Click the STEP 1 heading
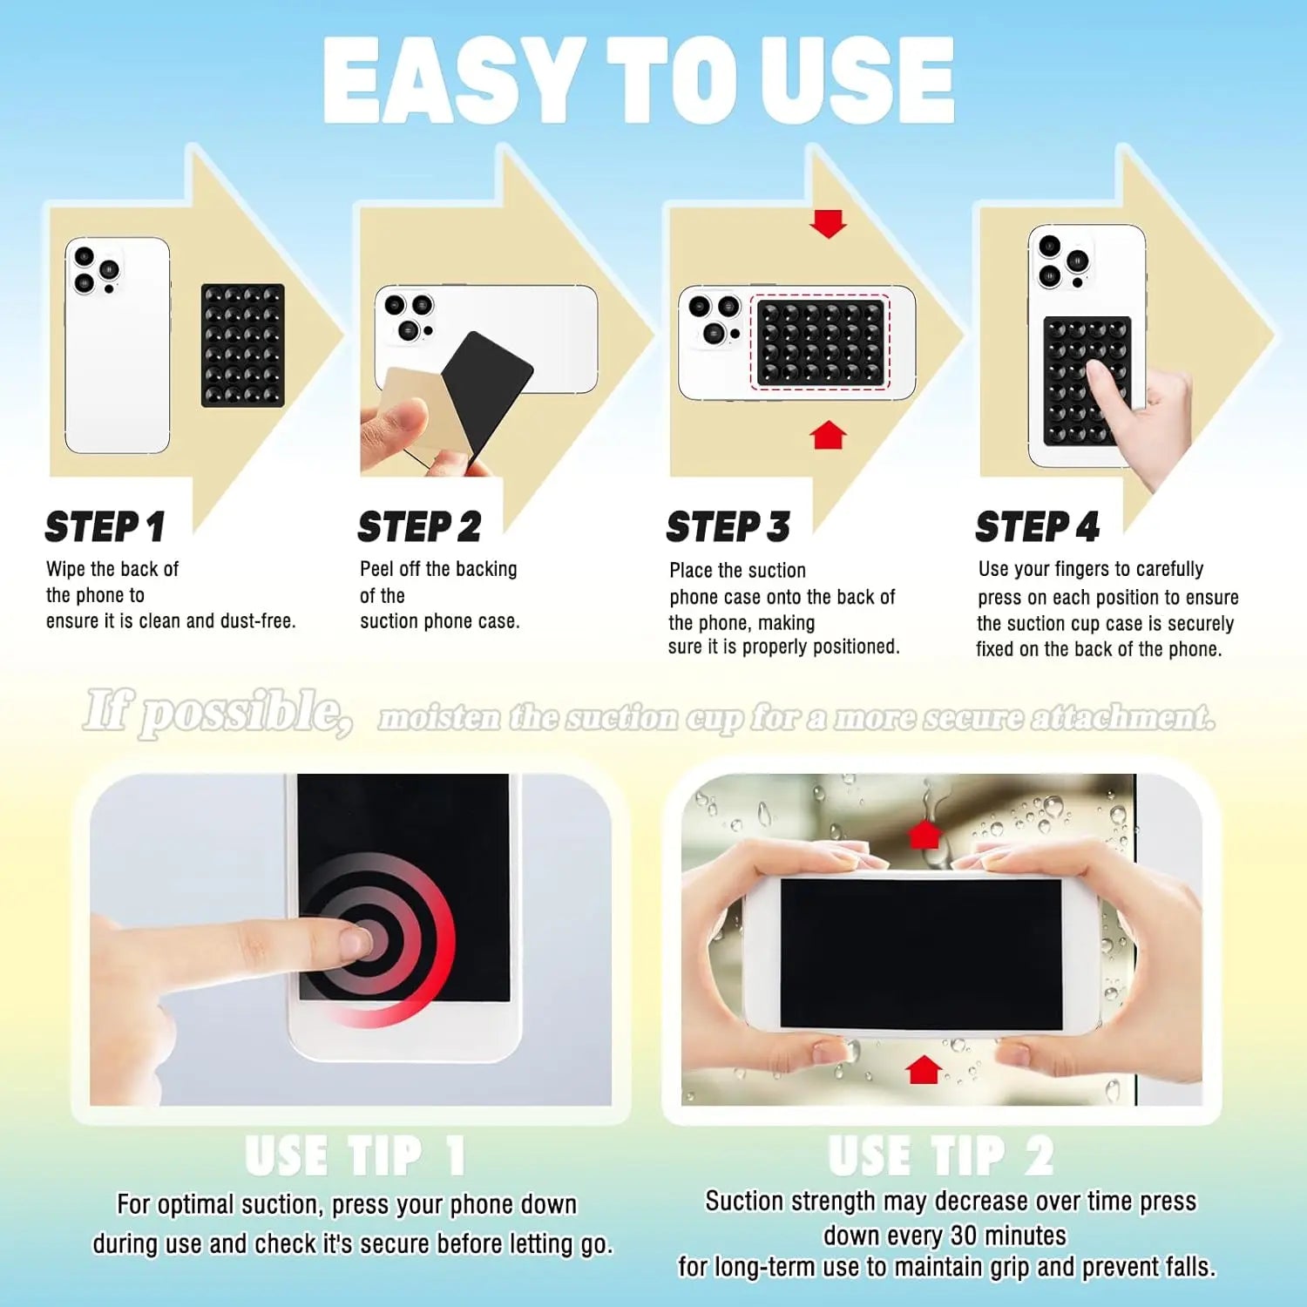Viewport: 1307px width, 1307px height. point(105,527)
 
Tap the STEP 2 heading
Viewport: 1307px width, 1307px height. point(419,527)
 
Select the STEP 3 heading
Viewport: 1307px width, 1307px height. point(728,527)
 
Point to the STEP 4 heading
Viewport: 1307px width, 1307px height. point(1037,527)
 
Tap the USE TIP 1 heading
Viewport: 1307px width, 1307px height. point(355,1156)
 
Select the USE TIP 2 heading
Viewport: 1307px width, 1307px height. point(941,1156)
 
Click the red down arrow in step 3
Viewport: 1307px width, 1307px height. point(828,223)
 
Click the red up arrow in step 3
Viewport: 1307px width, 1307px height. point(828,435)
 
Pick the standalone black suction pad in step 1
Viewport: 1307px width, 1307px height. point(243,345)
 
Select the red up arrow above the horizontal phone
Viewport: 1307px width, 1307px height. point(924,834)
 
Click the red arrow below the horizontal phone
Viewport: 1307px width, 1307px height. point(924,1069)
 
